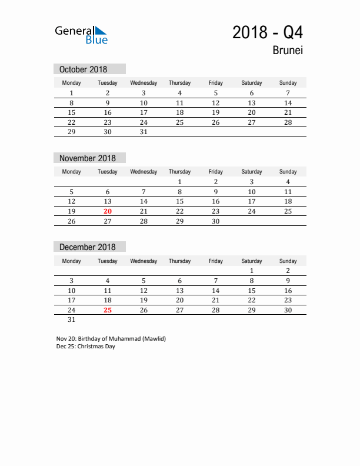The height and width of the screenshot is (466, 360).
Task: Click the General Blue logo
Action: coord(81,35)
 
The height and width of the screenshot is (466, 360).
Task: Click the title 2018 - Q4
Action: coord(268,32)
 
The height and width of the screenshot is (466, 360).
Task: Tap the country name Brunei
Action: coord(288,51)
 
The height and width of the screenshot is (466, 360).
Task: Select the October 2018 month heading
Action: coord(83,69)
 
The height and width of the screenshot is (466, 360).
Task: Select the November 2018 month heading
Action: coord(88,158)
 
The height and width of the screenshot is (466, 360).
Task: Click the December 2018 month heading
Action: coord(88,247)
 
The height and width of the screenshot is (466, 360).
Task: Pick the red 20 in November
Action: coord(107,211)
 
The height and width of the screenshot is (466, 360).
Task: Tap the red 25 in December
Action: coord(107,310)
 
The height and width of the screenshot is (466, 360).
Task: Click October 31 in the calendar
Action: coord(144,132)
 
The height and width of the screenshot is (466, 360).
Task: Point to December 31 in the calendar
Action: coord(72,320)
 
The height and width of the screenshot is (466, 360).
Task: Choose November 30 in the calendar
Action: coord(215,221)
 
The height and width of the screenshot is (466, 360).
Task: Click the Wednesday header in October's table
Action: coord(144,83)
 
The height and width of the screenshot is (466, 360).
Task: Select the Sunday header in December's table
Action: coord(288,261)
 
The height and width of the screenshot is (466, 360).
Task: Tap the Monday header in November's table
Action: coord(72,172)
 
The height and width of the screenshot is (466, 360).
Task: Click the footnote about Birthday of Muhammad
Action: coord(111,339)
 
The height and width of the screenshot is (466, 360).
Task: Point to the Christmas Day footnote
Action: coord(86,347)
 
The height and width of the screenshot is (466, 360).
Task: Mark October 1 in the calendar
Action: coord(72,93)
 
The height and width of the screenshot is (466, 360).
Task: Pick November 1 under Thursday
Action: coord(179,182)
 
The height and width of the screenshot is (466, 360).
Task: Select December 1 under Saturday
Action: coord(252,271)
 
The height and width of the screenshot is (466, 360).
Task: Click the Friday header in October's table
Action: coord(215,83)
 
